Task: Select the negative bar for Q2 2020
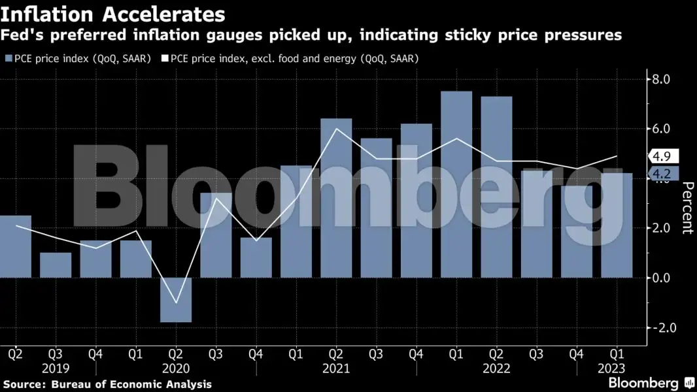pos(175,300)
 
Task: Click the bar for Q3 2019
pos(55,265)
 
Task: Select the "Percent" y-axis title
pos(687,208)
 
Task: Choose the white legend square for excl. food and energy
pos(165,59)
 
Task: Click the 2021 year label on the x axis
pos(336,368)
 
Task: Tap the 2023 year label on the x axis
pos(617,368)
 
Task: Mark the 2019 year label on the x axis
pos(55,368)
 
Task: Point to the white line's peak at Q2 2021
pos(336,129)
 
